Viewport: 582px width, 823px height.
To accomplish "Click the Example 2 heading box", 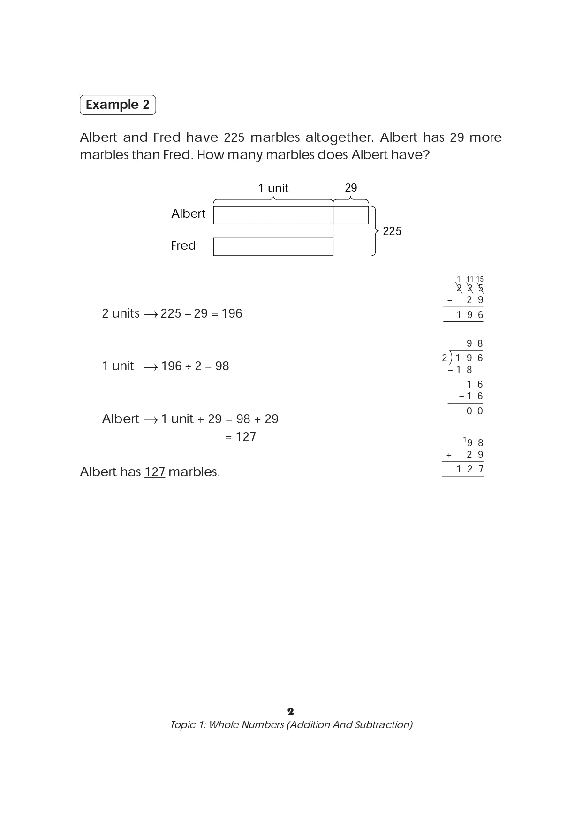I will (x=118, y=105).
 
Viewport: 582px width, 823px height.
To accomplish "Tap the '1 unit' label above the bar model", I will (x=273, y=188).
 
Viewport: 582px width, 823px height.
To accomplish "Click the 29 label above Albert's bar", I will (x=351, y=188).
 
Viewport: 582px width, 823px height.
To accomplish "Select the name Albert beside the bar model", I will (x=188, y=214).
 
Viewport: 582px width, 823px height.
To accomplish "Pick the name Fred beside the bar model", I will (x=183, y=245).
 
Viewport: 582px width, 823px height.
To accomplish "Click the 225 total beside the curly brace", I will (x=392, y=231).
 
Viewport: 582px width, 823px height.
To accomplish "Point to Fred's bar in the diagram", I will (x=273, y=247).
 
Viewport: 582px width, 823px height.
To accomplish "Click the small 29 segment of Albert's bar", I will (x=351, y=215).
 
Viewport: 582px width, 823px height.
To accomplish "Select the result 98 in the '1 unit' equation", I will (x=222, y=366).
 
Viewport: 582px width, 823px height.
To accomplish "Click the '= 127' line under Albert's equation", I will (x=240, y=437).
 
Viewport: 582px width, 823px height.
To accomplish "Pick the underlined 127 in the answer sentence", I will (x=155, y=472).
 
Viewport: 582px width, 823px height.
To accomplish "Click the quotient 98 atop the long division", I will (x=475, y=343).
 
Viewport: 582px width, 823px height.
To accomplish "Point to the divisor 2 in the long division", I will (x=444, y=358).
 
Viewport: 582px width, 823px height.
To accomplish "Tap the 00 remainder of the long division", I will (x=475, y=411).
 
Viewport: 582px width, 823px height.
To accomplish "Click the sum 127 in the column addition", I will (x=470, y=469).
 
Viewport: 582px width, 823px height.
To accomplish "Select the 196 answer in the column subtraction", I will (x=470, y=315).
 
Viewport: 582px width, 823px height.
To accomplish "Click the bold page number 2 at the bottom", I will (x=291, y=711).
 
